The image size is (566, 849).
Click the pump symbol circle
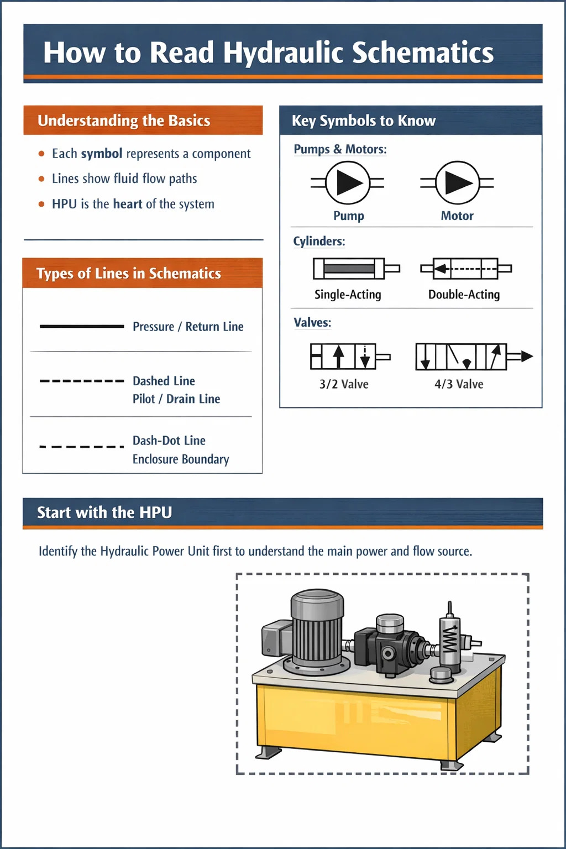click(x=348, y=183)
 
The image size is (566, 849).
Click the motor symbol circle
click(x=457, y=183)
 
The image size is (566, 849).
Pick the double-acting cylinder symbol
click(x=465, y=269)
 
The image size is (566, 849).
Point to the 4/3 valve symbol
click(x=467, y=357)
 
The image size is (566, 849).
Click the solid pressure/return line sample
click(x=82, y=327)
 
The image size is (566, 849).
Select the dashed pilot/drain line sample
click(x=82, y=381)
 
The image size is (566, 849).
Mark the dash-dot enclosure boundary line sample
click(x=82, y=447)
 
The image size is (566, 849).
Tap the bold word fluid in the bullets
click(x=126, y=179)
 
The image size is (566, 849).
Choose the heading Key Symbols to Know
click(x=364, y=120)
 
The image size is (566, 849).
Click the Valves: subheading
click(x=312, y=322)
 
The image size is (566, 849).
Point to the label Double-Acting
click(x=464, y=295)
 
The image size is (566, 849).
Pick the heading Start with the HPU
click(x=104, y=512)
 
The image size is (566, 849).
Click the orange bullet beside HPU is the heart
click(x=41, y=204)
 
